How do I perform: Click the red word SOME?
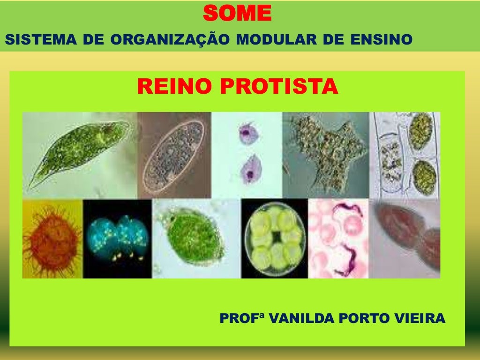tap(237, 13)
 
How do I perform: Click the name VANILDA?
tap(305, 319)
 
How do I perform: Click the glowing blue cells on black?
tap(117, 237)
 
